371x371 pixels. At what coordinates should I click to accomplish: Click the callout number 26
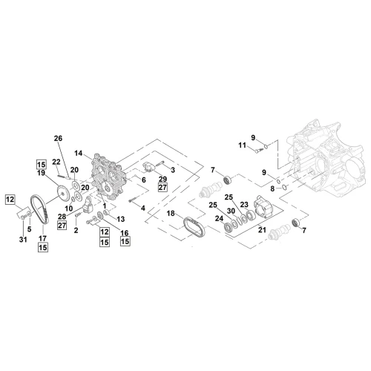pyautogui.click(x=59, y=139)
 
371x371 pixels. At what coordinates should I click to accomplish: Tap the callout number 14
pyautogui.click(x=79, y=154)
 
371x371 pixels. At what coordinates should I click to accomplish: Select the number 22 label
pyautogui.click(x=56, y=162)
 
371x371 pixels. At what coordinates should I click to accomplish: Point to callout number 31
pyautogui.click(x=23, y=240)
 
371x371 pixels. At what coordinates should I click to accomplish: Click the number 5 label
pyautogui.click(x=30, y=229)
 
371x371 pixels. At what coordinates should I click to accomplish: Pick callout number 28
pyautogui.click(x=62, y=217)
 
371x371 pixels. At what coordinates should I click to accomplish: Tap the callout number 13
pyautogui.click(x=121, y=219)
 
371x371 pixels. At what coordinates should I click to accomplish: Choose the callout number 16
pyautogui.click(x=125, y=233)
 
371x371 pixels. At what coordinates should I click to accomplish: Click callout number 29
pyautogui.click(x=162, y=179)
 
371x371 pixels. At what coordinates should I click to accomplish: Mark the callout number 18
pyautogui.click(x=171, y=213)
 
